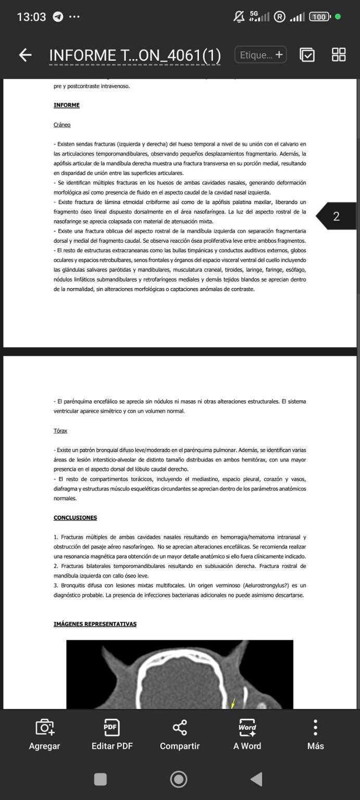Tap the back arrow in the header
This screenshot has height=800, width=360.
coord(25,55)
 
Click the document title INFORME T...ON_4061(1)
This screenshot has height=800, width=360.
coord(135,55)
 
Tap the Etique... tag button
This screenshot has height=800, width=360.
coord(260,55)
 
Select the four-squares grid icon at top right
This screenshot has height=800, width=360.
coord(339,55)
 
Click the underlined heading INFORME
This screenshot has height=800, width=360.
coord(67,105)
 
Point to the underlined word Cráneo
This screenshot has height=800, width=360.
coord(62,125)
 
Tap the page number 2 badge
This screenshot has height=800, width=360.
coord(337,216)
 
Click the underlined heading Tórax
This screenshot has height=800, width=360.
coord(60,431)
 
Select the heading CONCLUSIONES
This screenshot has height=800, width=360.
coord(75,518)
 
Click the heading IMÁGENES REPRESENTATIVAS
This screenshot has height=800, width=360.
coord(95,624)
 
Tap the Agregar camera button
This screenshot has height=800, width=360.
coord(44,734)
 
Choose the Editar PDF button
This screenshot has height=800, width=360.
coord(112,734)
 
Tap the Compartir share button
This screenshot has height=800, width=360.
coord(180,734)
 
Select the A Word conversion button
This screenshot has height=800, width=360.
coord(247,734)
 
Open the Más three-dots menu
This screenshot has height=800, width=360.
coord(315,734)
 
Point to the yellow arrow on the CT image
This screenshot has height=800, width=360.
coord(233,703)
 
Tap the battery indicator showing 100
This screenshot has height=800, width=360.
coord(319,17)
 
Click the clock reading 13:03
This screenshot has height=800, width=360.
coord(31,17)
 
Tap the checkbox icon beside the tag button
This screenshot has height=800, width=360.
coord(307,55)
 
